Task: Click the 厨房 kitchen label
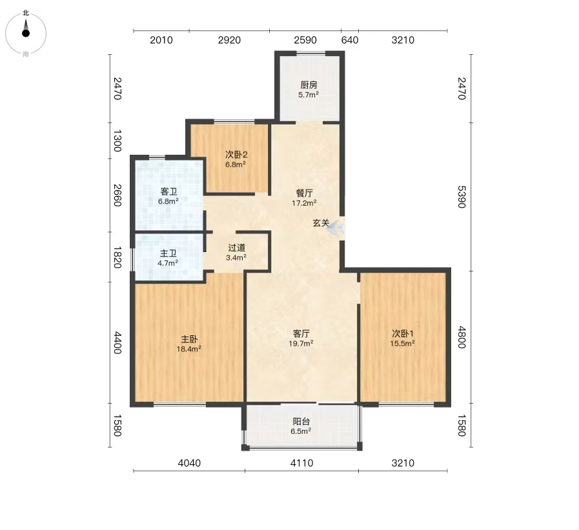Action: tap(309, 85)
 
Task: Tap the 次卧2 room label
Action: tap(236, 155)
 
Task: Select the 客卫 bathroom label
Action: tap(168, 191)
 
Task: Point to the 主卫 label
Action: tap(168, 254)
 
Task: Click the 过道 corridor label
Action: tap(236, 248)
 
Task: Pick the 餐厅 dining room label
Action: tap(304, 193)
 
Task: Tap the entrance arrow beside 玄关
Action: tap(336, 228)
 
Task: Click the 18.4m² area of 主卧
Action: tap(188, 349)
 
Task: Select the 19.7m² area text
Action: tap(301, 344)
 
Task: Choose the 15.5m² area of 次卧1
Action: tap(402, 344)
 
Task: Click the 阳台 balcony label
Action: tap(301, 422)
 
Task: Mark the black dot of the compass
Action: tap(26, 33)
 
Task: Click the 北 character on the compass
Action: tap(25, 13)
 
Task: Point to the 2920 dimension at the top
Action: tap(229, 40)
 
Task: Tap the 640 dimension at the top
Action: tap(350, 40)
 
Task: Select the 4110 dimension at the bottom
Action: tap(301, 463)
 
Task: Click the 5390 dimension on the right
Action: tap(462, 197)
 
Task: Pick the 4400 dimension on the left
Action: tap(117, 342)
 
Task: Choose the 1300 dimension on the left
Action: tap(117, 141)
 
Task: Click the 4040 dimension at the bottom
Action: tap(189, 463)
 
